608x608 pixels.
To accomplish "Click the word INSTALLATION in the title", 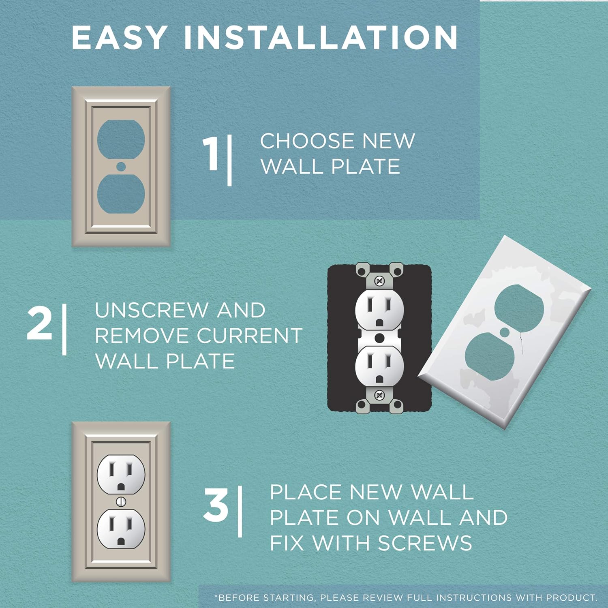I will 321,37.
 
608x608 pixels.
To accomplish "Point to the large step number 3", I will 216,505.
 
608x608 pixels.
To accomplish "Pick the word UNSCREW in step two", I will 151,310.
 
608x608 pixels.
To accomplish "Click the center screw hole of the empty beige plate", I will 120,166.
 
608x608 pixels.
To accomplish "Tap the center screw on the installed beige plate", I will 121,502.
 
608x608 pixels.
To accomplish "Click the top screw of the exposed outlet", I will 379,280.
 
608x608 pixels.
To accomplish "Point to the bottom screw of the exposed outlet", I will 379,395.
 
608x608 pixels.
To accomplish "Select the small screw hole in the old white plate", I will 505,332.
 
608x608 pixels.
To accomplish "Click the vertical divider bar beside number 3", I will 240,512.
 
